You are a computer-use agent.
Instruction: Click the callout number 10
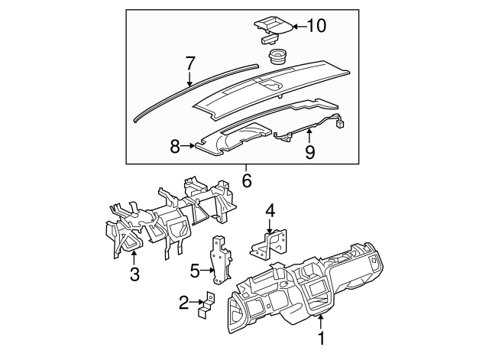tap(316, 26)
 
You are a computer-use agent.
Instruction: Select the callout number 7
tap(191, 62)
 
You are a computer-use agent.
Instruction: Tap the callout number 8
tap(175, 145)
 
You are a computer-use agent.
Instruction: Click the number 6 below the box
tap(246, 181)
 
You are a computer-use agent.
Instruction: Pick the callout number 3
tap(134, 274)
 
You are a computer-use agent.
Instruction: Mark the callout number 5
tap(195, 270)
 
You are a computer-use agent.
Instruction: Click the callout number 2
tap(183, 304)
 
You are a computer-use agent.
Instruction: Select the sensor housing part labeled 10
tap(274, 26)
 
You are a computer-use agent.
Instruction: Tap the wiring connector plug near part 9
tap(341, 121)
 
